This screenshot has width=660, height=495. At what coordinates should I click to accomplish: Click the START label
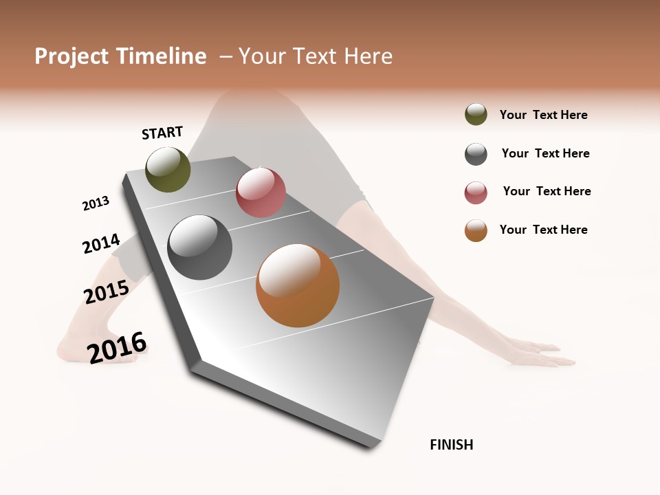click(162, 133)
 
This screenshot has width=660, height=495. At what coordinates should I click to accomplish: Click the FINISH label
click(451, 445)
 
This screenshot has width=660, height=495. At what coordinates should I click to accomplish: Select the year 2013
click(96, 203)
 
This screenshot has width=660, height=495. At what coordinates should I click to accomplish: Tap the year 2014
click(101, 243)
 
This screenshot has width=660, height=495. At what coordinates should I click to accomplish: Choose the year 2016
click(117, 346)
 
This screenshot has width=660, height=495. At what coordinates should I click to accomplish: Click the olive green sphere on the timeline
click(168, 169)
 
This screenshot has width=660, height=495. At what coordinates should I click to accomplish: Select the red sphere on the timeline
click(261, 192)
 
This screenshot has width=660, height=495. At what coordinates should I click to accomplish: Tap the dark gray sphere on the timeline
click(199, 247)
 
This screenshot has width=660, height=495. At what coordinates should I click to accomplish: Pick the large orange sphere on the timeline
click(298, 285)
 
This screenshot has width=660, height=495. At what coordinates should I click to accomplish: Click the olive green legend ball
click(476, 114)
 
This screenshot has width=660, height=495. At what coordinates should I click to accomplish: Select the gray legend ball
click(476, 154)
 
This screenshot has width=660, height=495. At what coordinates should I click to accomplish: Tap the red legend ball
click(476, 192)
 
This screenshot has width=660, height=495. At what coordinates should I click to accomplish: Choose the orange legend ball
click(476, 230)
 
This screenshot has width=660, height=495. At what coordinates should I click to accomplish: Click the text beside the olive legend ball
click(543, 115)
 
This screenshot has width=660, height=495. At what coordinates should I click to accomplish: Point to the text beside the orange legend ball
click(543, 230)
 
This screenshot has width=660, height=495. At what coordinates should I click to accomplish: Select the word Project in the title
click(72, 56)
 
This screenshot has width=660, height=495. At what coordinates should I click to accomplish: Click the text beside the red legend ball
click(547, 191)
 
